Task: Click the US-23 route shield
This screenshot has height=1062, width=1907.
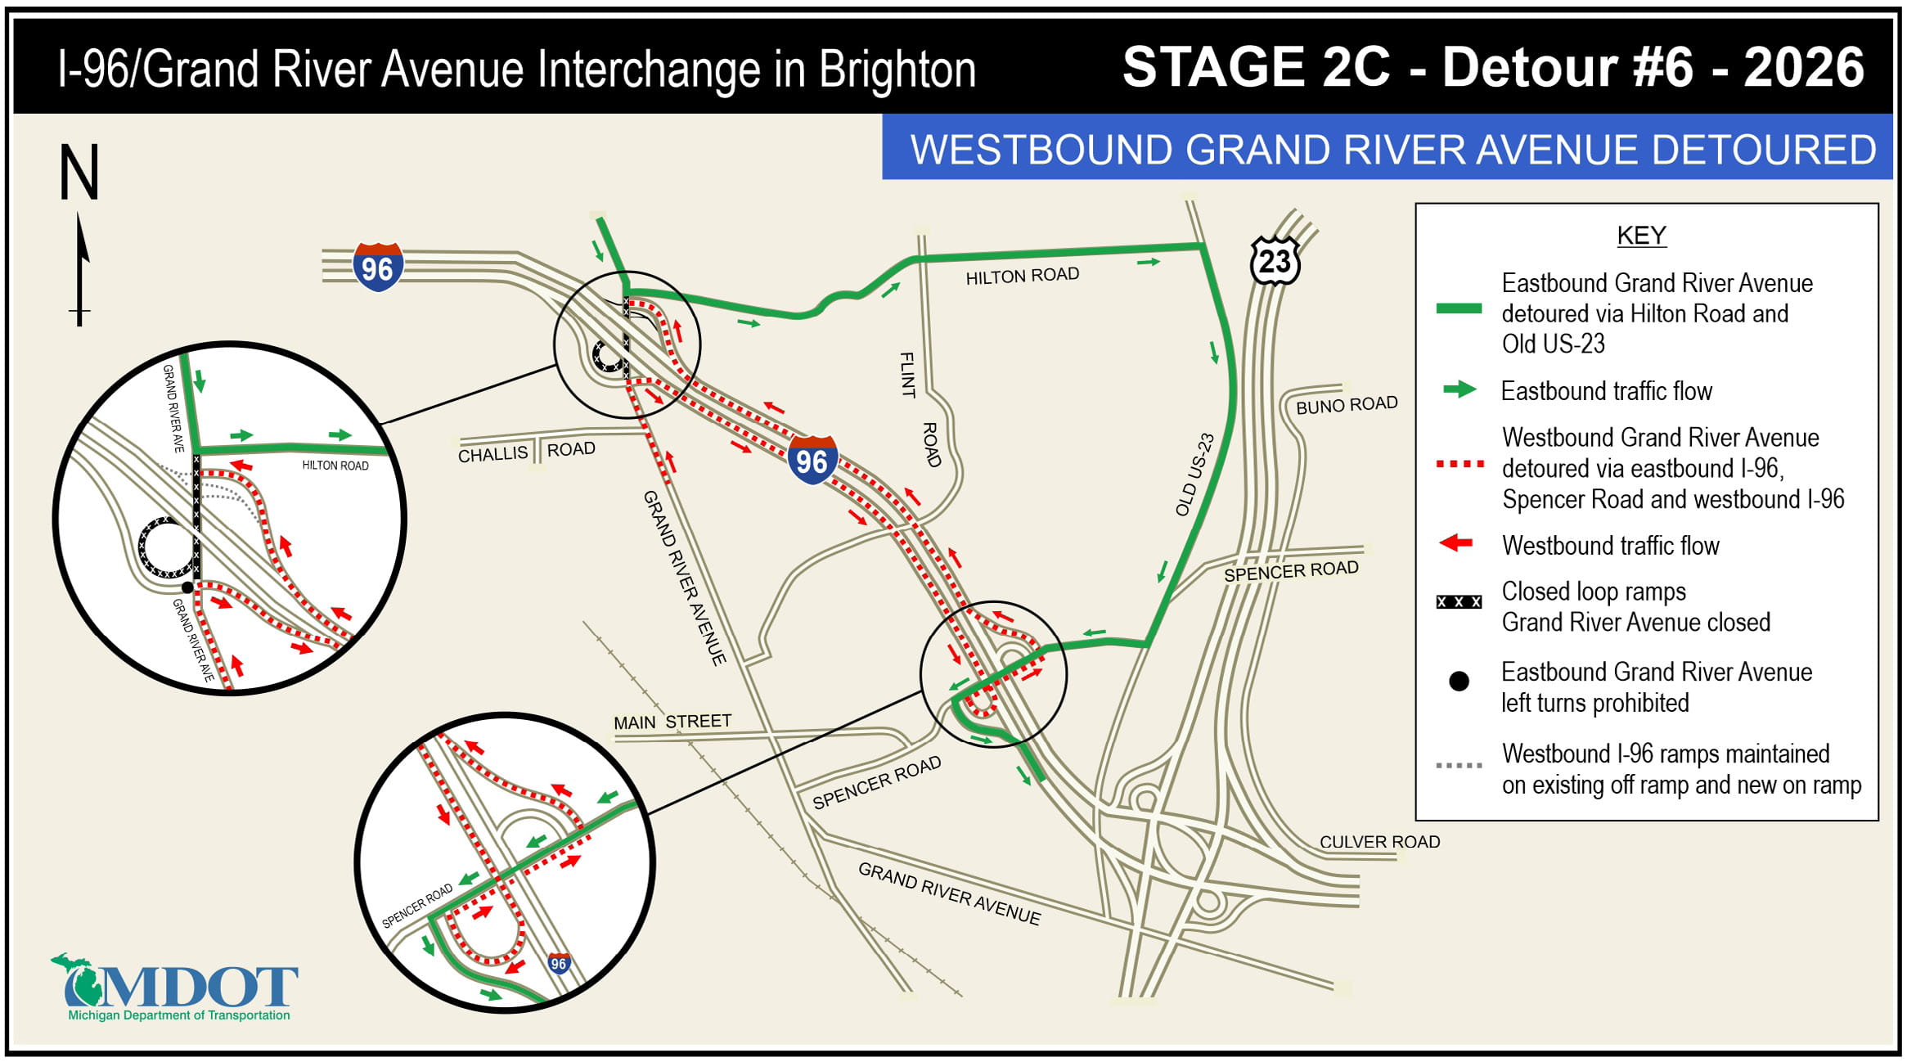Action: [x=1275, y=261]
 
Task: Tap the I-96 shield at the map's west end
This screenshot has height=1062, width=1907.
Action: [x=377, y=267]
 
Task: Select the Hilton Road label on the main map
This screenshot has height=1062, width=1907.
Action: [x=1022, y=276]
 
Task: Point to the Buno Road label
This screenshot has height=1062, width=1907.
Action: [x=1346, y=405]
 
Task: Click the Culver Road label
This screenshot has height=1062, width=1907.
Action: [x=1379, y=842]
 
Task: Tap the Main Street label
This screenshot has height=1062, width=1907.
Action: [x=672, y=722]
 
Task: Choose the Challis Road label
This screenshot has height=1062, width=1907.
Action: [x=526, y=452]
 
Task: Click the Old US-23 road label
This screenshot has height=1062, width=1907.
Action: [x=1194, y=475]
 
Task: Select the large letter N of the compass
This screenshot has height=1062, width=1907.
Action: [x=79, y=173]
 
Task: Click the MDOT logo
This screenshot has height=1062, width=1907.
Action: [x=176, y=988]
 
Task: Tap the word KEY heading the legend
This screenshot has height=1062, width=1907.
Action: [x=1641, y=236]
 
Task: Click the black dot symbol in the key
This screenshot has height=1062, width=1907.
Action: [x=1459, y=682]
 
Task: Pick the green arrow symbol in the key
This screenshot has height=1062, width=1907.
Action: [x=1459, y=390]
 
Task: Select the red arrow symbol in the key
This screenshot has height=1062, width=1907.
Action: [x=1456, y=543]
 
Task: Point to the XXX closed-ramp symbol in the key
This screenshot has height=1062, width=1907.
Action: [x=1459, y=602]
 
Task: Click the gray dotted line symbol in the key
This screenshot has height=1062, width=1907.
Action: [x=1459, y=766]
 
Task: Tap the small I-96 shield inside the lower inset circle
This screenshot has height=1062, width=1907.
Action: [x=559, y=963]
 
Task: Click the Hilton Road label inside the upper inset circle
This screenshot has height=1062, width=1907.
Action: [x=335, y=466]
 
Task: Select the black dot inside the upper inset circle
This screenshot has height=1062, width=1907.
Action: [x=187, y=587]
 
